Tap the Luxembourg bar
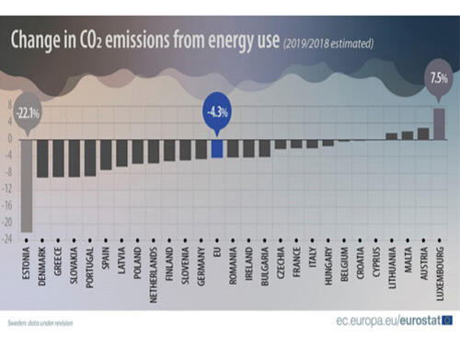pyautogui.click(x=439, y=123)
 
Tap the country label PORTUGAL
pyautogui.click(x=89, y=265)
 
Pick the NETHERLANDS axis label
pyautogui.click(x=153, y=271)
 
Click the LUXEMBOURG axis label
pyautogui.click(x=439, y=272)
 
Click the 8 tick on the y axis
pyautogui.click(x=9, y=105)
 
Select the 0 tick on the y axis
pyautogui.click(x=9, y=139)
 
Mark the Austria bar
pyautogui.click(x=423, y=134)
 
